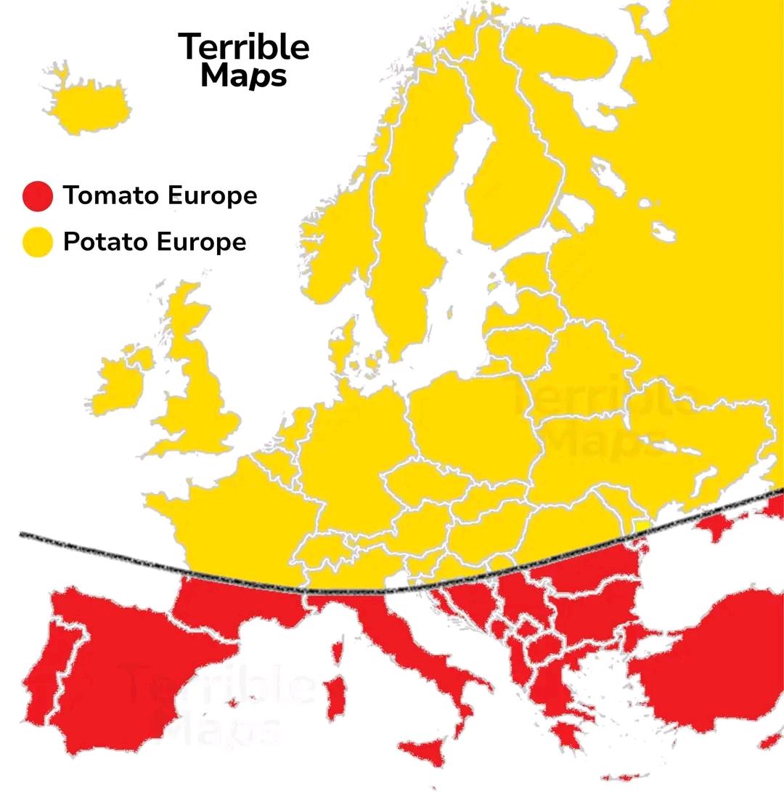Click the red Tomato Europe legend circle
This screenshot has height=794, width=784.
coord(37,196)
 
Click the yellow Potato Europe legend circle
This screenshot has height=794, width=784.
coord(37,242)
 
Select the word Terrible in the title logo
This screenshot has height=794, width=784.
coord(244,47)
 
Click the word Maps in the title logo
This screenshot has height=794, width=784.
coord(244,76)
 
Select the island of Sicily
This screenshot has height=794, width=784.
coord(428,752)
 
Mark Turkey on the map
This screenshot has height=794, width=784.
coord(711,668)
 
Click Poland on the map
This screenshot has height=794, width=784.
coord(472,421)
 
